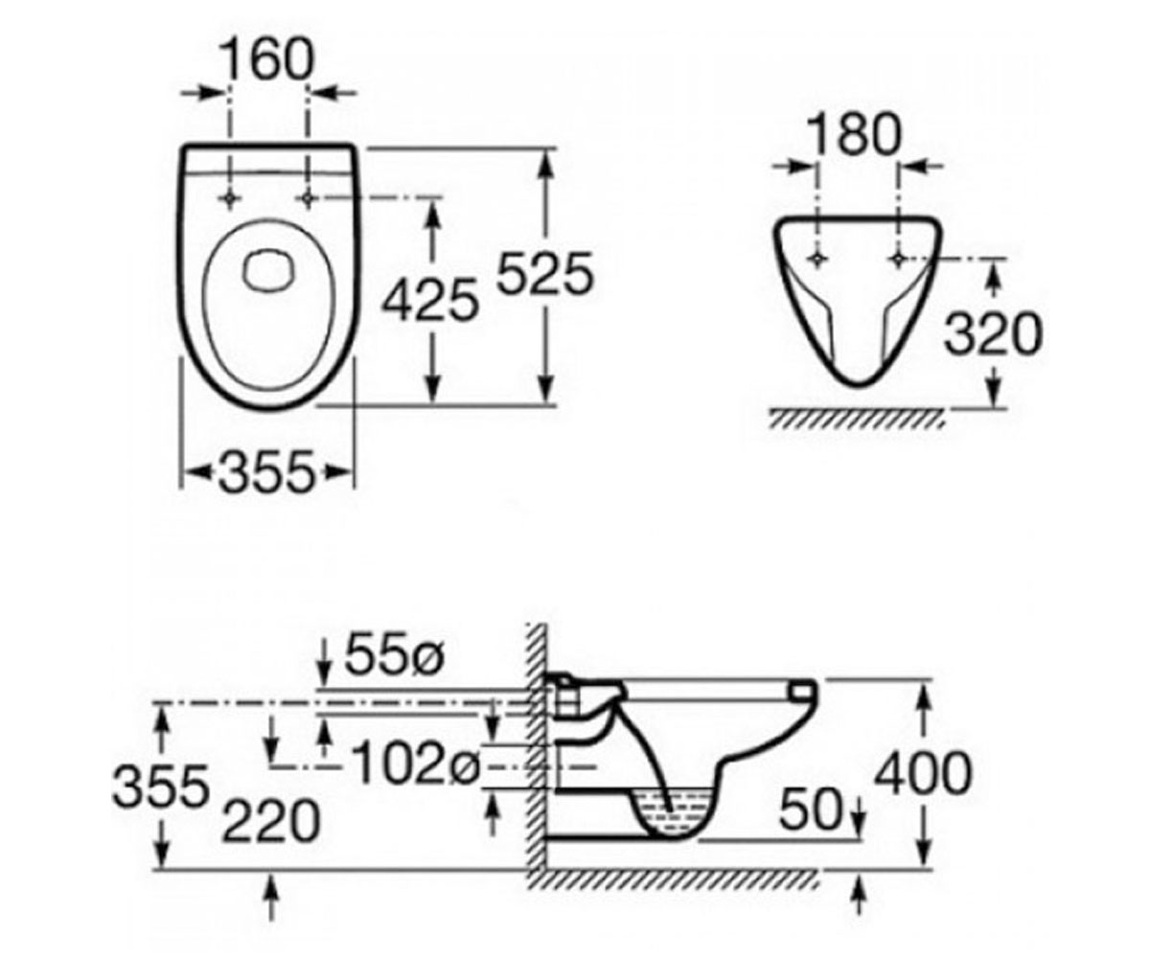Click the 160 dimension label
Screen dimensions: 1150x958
[x=267, y=59]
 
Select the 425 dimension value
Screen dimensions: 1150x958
[x=430, y=300]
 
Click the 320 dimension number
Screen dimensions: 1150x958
[x=993, y=334]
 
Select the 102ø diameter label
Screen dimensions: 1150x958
[x=416, y=762]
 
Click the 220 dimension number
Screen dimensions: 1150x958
[x=270, y=821]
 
